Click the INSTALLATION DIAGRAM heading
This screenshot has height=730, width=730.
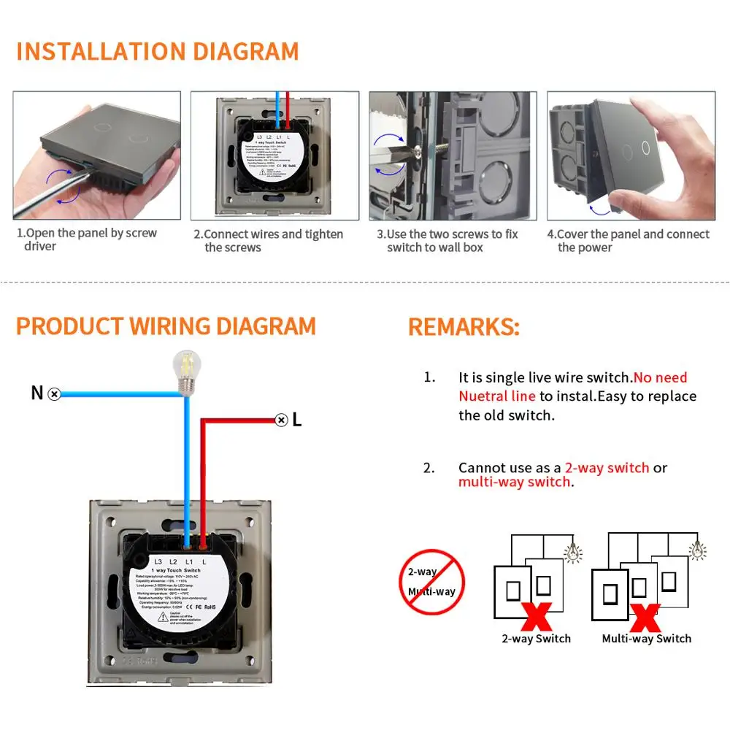point(158,52)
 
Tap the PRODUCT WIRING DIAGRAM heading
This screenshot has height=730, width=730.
point(166,326)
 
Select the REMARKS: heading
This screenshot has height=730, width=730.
point(464,327)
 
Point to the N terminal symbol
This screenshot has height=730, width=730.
point(54,393)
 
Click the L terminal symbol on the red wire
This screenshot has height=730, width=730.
point(281,419)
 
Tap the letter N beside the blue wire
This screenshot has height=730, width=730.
point(37,393)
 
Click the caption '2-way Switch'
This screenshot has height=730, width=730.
point(536,639)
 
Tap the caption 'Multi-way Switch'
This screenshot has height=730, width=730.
point(646,639)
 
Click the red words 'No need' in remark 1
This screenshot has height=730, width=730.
point(660,377)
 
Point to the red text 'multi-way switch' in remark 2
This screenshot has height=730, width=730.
point(514,482)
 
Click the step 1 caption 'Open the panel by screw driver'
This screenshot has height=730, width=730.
point(88,240)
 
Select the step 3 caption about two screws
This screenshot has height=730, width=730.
point(447,241)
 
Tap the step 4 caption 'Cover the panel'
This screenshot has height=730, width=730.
point(628,241)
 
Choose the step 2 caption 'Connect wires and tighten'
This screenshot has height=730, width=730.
point(268,241)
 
